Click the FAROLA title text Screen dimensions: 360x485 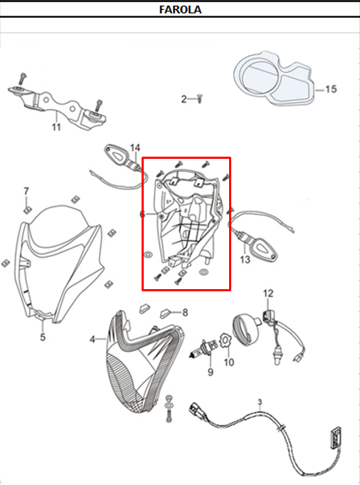(x=180, y=9)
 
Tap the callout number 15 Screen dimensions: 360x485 (x=331, y=89)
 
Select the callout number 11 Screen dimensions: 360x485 (x=56, y=127)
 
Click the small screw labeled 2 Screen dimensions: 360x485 (x=200, y=99)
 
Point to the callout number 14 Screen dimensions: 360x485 (x=135, y=148)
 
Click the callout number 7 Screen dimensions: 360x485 (x=26, y=191)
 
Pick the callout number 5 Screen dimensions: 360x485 (x=43, y=337)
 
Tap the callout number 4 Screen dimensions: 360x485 (x=92, y=339)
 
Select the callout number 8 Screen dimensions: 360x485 (x=185, y=313)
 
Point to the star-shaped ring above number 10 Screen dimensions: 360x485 (x=225, y=341)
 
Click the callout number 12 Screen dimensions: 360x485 (x=268, y=293)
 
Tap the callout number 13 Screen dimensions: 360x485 (x=245, y=259)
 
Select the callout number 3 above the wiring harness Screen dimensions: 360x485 (x=260, y=402)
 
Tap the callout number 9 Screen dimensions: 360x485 (x=211, y=372)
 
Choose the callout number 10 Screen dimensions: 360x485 (x=228, y=362)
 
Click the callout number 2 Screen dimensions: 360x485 (x=184, y=99)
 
